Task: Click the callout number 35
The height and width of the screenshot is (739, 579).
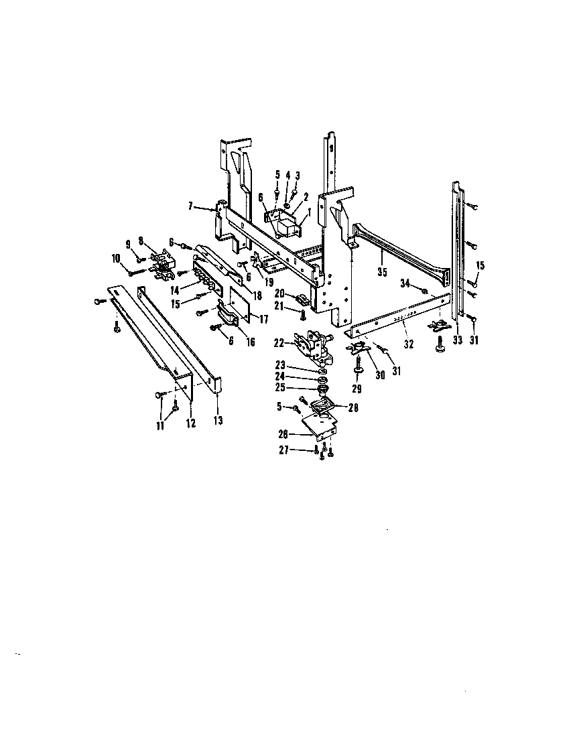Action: [x=382, y=273]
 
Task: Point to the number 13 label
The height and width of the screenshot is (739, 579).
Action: [x=218, y=421]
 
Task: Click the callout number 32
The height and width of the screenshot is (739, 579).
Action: [x=408, y=344]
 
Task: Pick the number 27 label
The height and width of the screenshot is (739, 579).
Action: [x=284, y=451]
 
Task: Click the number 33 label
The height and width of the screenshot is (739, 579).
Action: [x=458, y=340]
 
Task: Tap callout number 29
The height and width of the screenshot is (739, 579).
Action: [x=357, y=389]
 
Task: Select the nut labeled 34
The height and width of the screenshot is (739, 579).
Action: [x=425, y=291]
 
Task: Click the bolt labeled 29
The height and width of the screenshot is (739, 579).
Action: [x=359, y=366]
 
